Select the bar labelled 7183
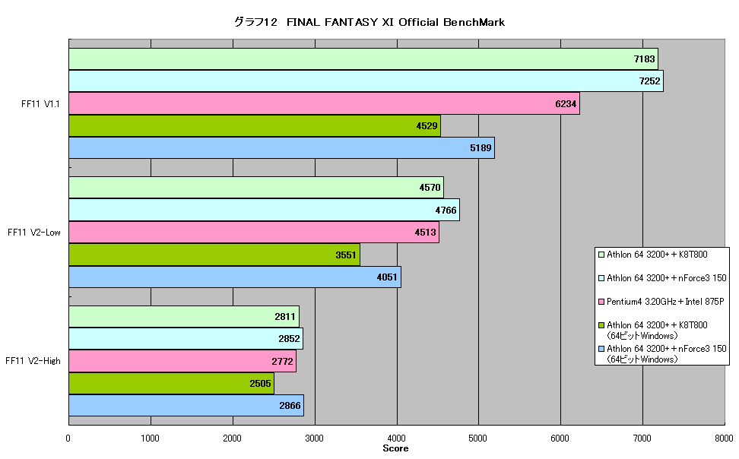363,59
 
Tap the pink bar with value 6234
324,103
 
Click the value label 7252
649,81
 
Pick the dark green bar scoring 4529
255,126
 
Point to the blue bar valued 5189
282,147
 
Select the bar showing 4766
265,210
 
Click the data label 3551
346,255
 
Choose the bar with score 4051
235,277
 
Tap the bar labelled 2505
172,383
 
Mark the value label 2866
290,406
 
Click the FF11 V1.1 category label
40,103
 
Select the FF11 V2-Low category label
34,233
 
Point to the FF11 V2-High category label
33,361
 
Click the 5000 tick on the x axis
478,438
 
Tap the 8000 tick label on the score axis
724,438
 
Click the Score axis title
395,448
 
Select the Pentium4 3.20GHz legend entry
661,302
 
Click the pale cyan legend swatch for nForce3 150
601,278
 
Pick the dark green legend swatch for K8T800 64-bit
601,325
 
